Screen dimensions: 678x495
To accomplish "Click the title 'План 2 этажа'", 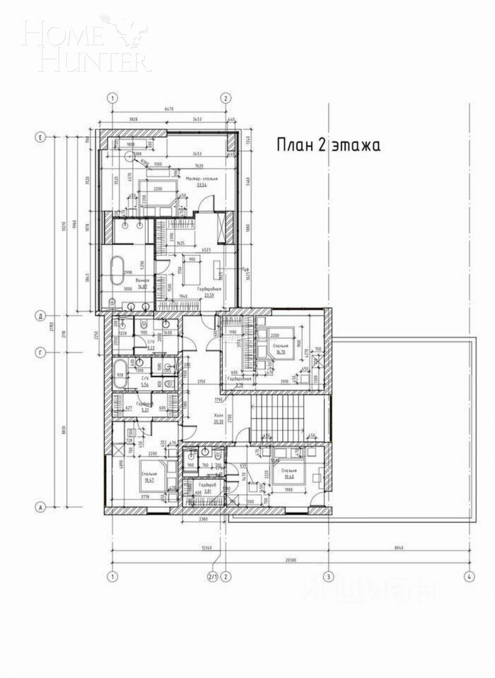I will (328, 145).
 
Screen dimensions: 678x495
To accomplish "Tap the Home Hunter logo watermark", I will (87, 43).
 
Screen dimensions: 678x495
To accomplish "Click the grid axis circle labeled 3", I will (328, 577).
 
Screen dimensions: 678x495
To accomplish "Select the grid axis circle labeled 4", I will (469, 577).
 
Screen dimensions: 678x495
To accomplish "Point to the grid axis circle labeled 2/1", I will (213, 577).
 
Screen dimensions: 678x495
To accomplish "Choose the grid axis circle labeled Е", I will (40, 138).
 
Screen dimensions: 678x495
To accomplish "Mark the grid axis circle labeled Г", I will (40, 353).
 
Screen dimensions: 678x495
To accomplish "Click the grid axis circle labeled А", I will (40, 508).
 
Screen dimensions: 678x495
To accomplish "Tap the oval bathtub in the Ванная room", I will (118, 270).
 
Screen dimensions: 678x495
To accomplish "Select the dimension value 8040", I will (399, 548).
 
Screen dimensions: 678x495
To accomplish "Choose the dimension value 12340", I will (207, 548).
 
